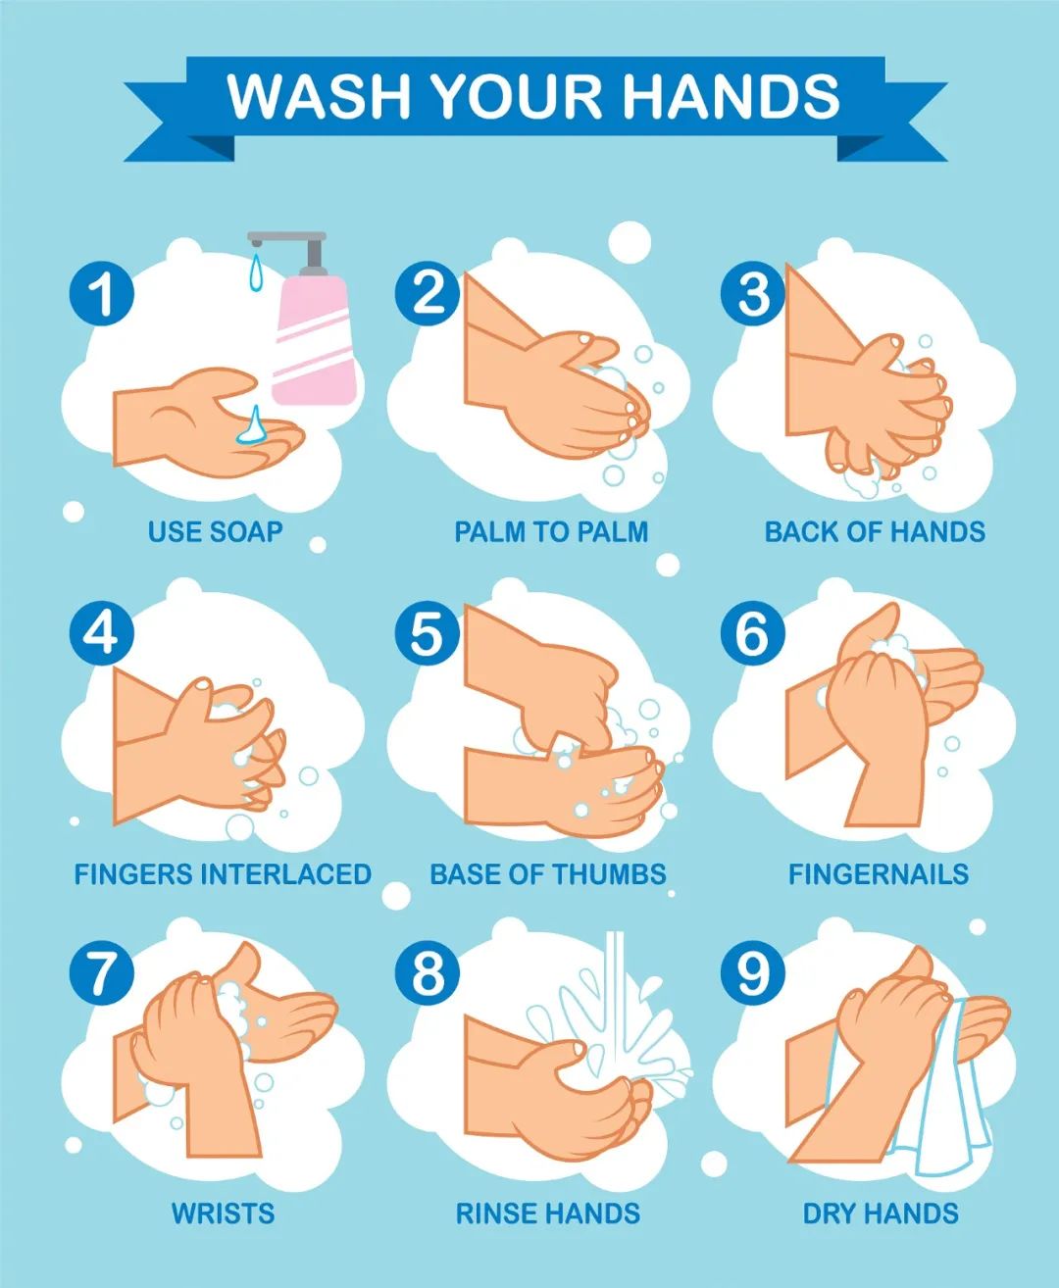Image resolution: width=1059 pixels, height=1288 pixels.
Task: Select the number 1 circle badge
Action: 101,293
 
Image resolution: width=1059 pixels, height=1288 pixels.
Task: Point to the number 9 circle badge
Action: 753,973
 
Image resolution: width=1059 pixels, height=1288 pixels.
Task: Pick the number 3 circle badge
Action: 753,293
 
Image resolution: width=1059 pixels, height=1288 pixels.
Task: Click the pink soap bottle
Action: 314,339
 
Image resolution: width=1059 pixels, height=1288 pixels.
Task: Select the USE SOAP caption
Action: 215,532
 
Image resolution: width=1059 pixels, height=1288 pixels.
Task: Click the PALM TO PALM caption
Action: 551,532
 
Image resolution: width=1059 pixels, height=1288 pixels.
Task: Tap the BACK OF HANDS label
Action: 875,532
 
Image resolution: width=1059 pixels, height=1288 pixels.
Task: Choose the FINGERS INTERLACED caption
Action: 223,874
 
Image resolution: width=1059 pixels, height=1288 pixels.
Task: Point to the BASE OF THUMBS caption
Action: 548,874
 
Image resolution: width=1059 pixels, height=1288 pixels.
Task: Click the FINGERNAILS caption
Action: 879,874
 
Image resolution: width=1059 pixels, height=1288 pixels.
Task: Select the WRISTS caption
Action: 223,1214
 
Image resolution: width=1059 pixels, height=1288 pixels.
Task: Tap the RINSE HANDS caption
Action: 548,1214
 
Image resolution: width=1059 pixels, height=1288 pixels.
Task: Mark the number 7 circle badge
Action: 101,973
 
